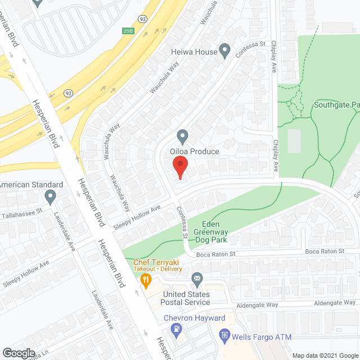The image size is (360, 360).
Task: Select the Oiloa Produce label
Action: click(196, 151)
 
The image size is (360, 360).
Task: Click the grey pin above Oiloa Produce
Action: click(182, 136)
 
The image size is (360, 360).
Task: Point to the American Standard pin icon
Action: click(51, 196)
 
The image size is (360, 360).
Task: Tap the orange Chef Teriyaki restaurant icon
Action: click(146, 279)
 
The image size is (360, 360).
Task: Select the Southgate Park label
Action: click(336, 105)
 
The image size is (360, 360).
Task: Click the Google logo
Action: click(18, 353)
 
